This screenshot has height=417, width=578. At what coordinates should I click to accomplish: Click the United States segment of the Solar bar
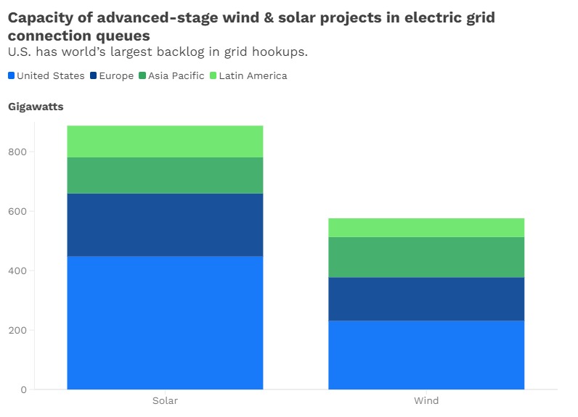pos(165,323)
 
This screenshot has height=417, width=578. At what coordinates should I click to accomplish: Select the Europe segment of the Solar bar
pos(165,225)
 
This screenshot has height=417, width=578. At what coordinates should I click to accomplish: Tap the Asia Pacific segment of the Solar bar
pos(165,176)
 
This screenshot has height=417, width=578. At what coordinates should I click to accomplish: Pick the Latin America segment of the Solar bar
pos(165,141)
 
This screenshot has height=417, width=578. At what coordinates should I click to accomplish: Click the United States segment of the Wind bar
pos(426,355)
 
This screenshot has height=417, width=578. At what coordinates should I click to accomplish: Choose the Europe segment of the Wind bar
pos(426,299)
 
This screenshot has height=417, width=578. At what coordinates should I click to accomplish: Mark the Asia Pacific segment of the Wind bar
pos(426,257)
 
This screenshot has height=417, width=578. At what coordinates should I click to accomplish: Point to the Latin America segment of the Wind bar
pos(426,228)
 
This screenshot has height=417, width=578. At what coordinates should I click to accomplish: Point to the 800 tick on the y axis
pos(18,152)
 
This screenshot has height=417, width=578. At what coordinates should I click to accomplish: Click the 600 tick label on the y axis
pos(18,212)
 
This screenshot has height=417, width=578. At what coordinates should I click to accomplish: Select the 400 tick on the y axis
pos(18,271)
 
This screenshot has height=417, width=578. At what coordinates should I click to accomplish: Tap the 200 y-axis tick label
pos(18,331)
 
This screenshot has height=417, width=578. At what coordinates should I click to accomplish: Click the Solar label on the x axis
pos(165,400)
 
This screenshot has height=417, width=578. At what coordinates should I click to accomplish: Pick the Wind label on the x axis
pos(426,400)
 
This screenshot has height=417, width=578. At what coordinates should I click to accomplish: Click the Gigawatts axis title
pos(36,107)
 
